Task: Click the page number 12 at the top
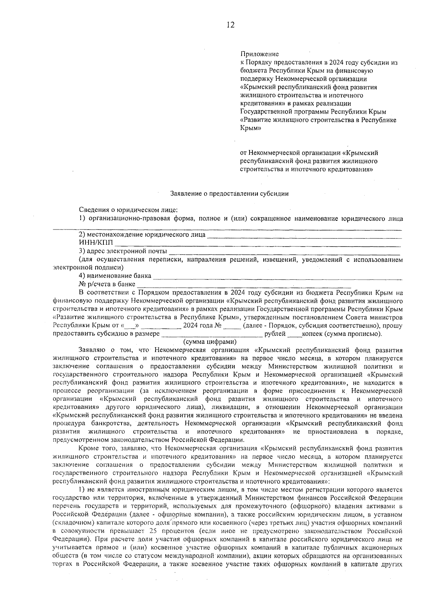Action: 230,25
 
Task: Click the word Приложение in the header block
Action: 259,54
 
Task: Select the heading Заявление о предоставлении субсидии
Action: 229,193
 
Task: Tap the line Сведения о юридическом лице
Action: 128,210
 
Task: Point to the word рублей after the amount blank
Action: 275,334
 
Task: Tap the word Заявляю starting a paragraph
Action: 90,350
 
